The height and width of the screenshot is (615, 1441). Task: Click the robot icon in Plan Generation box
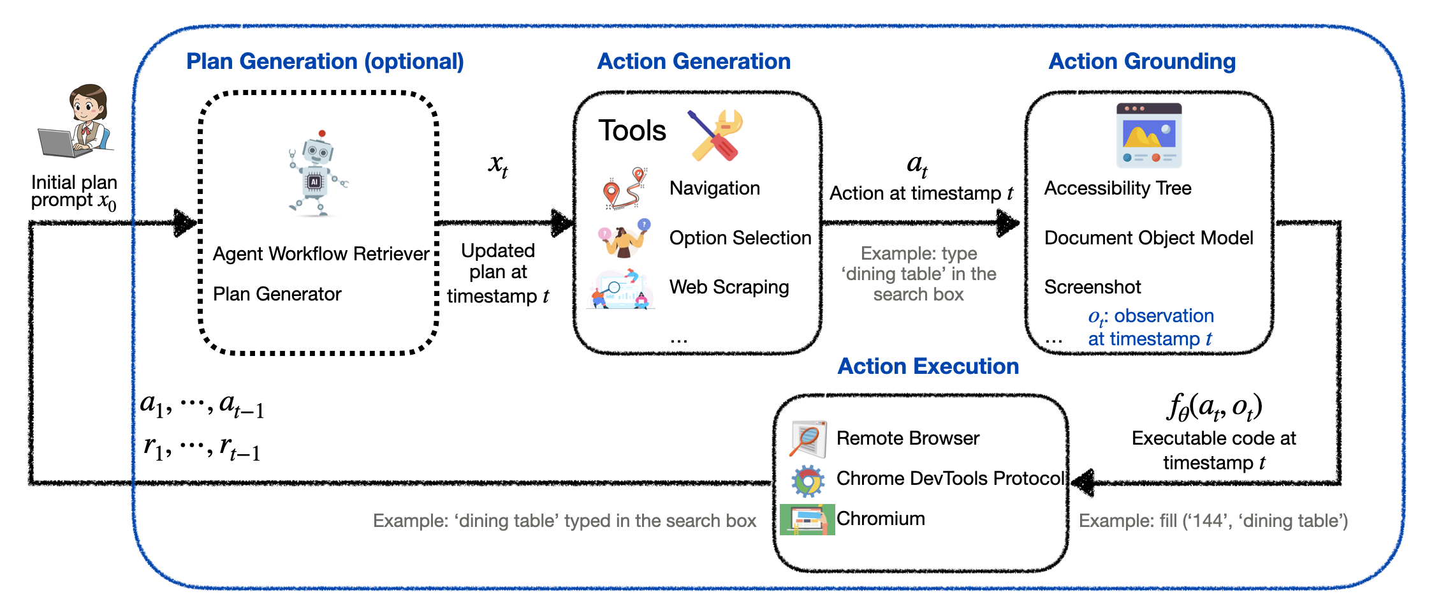[x=318, y=174]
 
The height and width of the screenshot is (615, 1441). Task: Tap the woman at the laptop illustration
[x=77, y=121]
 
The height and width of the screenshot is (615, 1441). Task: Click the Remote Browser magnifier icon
[x=808, y=439]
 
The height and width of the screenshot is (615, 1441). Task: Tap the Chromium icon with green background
[x=807, y=519]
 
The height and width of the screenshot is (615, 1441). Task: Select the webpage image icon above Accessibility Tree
[x=1148, y=135]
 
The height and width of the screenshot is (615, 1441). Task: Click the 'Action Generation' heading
[x=694, y=61]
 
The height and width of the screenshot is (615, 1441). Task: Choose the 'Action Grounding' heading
[x=1142, y=61]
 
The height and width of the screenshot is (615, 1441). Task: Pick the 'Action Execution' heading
[x=928, y=366]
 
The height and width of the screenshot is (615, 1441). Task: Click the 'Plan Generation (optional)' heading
[x=325, y=61]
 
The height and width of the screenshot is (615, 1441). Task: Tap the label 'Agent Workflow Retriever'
[x=321, y=254]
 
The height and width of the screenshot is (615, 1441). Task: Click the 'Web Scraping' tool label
[x=729, y=287]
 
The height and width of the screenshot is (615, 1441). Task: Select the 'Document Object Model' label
[x=1148, y=238]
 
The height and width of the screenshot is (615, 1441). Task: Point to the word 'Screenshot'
[x=1092, y=287]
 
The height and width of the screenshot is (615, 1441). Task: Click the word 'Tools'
[x=632, y=131]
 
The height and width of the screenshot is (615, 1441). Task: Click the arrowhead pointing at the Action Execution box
[x=1083, y=483]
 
